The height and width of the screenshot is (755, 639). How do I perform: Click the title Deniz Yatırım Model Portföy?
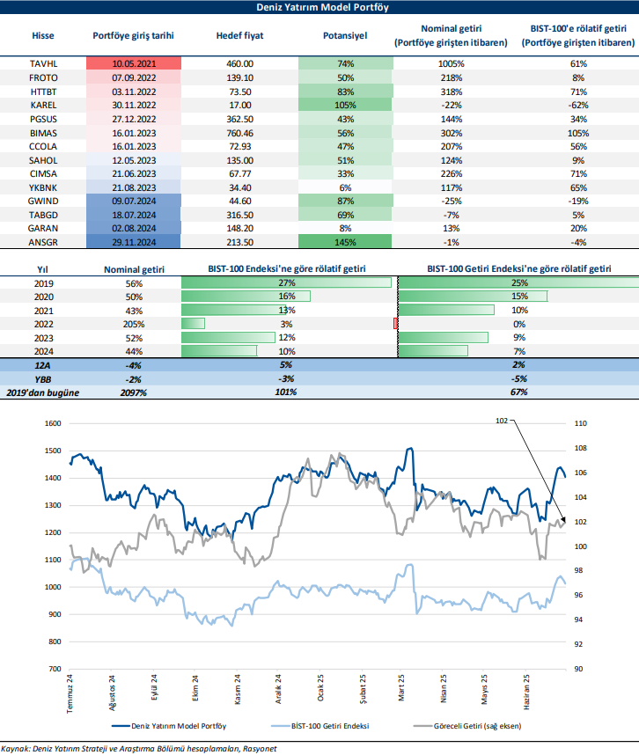(320, 7)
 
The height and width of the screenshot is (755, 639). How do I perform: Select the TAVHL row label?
(43, 64)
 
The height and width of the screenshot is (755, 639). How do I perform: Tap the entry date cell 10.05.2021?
(134, 64)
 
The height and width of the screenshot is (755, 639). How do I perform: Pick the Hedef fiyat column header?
(239, 36)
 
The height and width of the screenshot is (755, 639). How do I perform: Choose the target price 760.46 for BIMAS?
(239, 132)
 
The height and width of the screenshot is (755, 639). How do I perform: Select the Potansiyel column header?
(345, 36)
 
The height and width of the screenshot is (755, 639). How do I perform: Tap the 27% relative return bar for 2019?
(286, 282)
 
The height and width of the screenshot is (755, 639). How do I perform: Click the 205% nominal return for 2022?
(134, 324)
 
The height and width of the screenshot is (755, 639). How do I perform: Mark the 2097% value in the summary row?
(134, 391)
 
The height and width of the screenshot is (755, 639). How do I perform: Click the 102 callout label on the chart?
(503, 421)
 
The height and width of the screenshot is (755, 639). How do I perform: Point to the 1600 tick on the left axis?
(54, 423)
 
